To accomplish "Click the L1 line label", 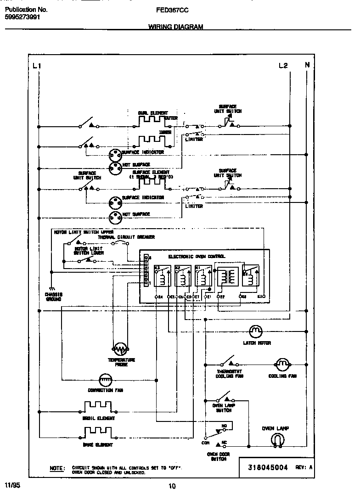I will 37,66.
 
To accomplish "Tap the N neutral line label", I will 307,65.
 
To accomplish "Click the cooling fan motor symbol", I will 282,365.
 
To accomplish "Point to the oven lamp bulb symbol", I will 276,441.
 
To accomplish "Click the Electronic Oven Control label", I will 197,257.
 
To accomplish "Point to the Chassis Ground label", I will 53,297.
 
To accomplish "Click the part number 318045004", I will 268,467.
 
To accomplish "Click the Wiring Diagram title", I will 175,27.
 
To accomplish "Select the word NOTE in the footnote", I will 57,468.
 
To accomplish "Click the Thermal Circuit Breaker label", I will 126,237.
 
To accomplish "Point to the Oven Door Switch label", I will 218,456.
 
